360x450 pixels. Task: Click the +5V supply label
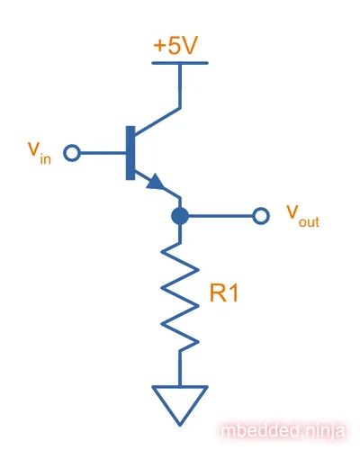(x=175, y=46)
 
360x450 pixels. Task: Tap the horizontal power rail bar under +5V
(x=180, y=63)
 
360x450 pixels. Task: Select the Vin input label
(x=40, y=153)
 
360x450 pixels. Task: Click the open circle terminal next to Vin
(x=72, y=153)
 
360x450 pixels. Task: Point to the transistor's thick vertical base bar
(x=130, y=153)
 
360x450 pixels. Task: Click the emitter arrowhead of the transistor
(x=155, y=182)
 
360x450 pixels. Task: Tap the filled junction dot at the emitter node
(x=180, y=216)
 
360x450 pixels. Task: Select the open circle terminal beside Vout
(x=261, y=216)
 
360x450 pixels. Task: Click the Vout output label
(x=302, y=216)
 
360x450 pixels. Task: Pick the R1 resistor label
(x=224, y=293)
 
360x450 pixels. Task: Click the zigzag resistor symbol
(x=180, y=296)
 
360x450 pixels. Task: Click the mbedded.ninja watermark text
(x=282, y=431)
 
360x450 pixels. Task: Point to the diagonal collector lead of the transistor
(x=157, y=121)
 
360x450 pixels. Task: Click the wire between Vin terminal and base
(x=103, y=153)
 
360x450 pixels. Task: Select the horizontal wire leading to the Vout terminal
(x=220, y=216)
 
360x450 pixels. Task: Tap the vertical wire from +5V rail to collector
(x=180, y=85)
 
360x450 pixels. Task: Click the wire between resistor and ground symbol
(x=180, y=368)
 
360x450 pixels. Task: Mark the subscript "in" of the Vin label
(x=46, y=158)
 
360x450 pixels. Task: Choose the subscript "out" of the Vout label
(x=309, y=222)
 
